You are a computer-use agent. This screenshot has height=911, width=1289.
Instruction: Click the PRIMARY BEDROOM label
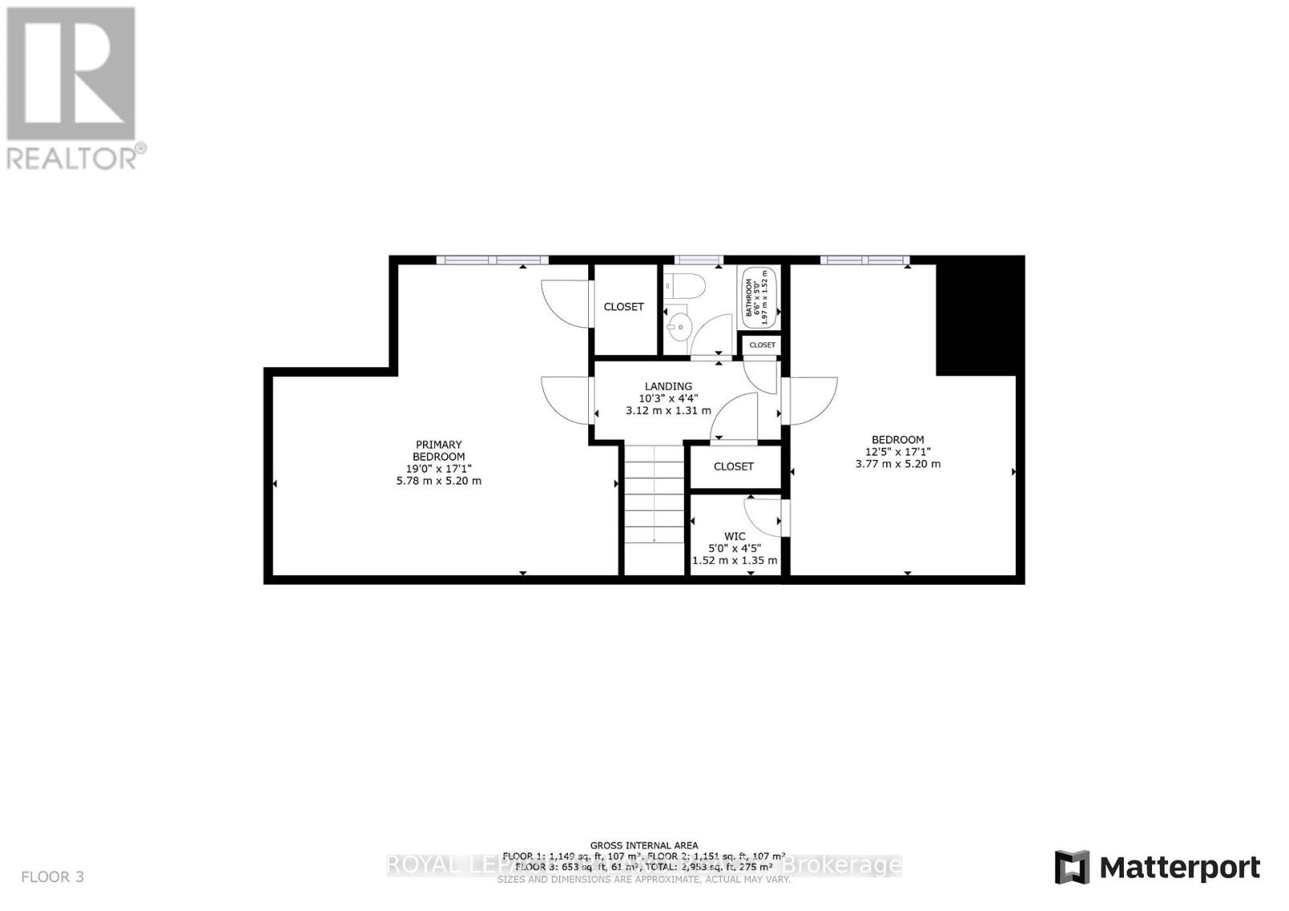point(438,450)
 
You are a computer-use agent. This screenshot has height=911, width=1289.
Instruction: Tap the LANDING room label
point(668,386)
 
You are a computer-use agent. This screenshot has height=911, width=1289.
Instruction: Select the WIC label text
point(735,536)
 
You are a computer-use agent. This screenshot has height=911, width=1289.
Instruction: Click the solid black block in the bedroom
point(978,317)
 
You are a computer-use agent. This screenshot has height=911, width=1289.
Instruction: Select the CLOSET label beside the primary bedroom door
point(624,307)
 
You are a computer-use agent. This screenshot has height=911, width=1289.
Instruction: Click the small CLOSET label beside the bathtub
point(762,345)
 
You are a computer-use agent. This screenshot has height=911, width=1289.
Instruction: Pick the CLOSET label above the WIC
point(734,466)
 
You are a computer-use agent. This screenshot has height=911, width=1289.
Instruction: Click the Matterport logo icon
point(1071,868)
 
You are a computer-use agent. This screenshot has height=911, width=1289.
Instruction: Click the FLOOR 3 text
point(52,876)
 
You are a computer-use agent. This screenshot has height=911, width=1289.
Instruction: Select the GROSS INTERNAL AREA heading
point(644,845)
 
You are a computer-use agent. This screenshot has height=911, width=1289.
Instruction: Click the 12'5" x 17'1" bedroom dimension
point(897,452)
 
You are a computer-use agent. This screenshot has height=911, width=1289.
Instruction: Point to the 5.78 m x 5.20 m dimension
point(438,481)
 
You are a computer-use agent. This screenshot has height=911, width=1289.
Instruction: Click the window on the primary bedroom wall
point(492,259)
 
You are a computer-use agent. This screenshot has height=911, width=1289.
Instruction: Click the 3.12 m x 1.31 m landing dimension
point(668,410)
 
